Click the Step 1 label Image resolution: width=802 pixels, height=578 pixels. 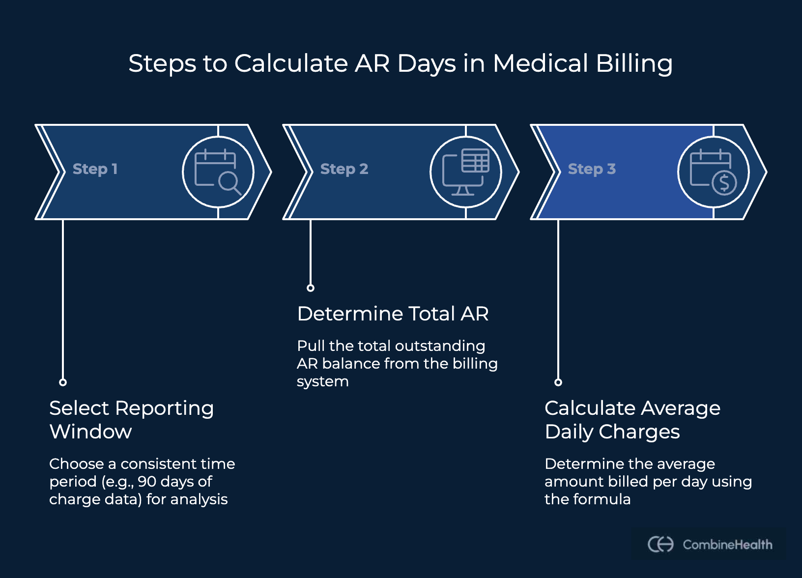point(95,169)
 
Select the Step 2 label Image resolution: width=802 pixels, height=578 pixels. point(344,169)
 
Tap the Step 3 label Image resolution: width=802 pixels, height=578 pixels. point(592,169)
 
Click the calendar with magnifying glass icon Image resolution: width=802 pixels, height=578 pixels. point(218,172)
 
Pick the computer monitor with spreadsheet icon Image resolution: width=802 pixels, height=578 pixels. point(465,172)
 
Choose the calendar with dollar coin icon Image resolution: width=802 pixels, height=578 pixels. point(713,172)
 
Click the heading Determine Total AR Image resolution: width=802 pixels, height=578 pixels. point(393,314)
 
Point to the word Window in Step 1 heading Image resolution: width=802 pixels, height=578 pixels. point(90,432)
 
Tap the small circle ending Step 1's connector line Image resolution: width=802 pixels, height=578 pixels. point(63,382)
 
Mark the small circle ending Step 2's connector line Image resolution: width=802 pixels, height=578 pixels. point(311,288)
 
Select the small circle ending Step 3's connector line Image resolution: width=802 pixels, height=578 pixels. point(558,382)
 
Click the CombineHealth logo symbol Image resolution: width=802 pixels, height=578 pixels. point(660,545)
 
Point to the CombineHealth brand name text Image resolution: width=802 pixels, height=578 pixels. point(727,545)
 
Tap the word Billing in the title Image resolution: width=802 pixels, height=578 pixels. point(634,64)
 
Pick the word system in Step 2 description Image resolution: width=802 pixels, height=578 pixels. point(322,381)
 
